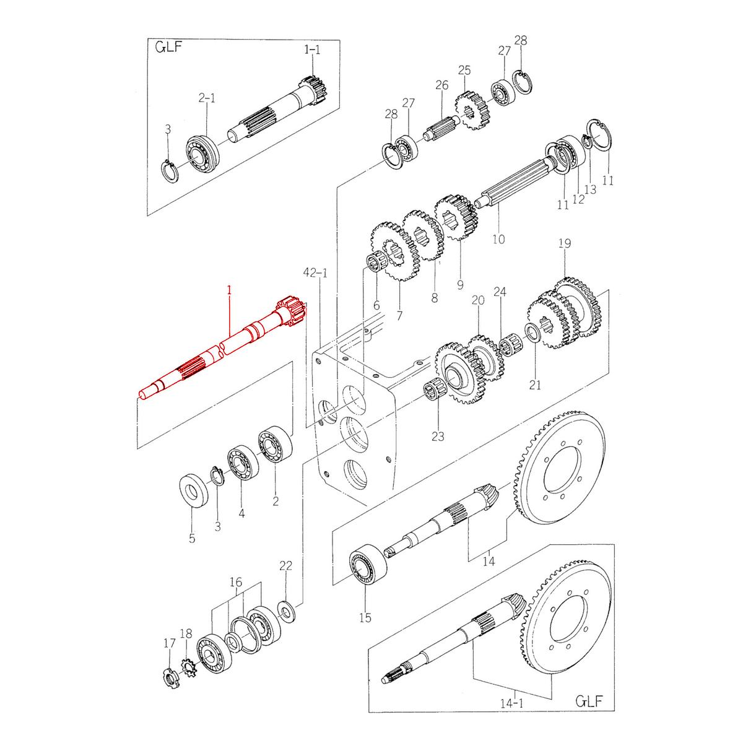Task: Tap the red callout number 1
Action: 228,290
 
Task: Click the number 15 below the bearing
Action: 365,617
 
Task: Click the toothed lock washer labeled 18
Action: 188,668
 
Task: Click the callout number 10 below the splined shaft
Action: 498,238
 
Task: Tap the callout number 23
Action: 438,437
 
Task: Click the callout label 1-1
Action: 312,50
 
